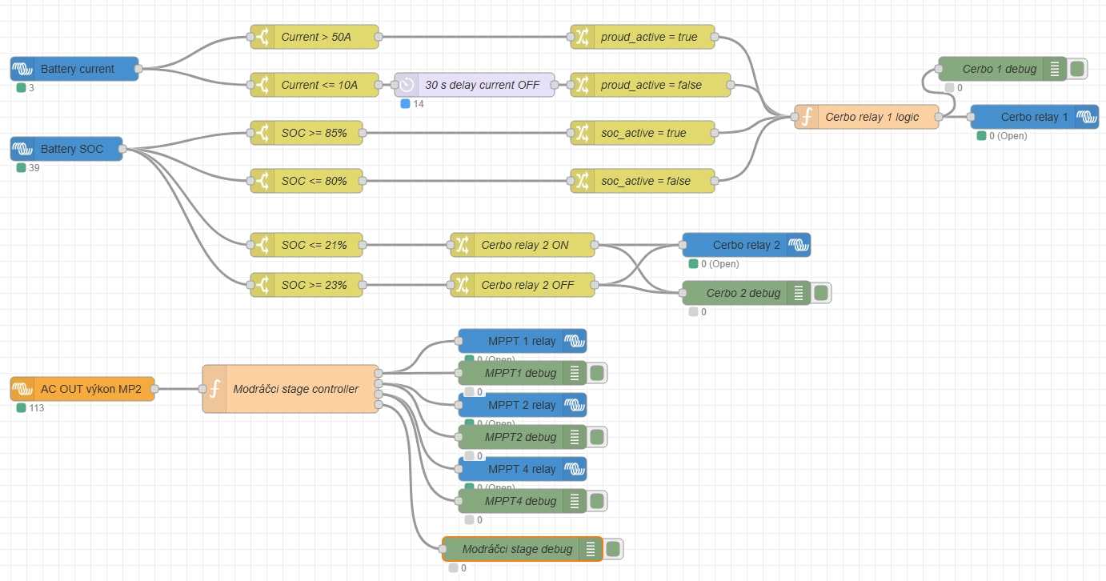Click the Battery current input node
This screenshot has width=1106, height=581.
[75, 69]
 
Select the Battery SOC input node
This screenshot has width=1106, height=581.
[67, 149]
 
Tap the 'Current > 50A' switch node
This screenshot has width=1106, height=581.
[315, 37]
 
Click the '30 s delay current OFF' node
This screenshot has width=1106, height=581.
[475, 85]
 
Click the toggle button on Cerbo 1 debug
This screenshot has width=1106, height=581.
[1077, 69]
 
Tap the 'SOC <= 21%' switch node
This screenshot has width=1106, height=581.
[307, 245]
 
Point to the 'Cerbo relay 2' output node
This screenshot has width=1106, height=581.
[746, 245]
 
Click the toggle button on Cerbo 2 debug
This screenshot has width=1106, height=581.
[821, 293]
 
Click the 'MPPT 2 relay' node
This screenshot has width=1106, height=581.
[522, 405]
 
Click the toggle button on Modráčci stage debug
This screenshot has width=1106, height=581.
[613, 549]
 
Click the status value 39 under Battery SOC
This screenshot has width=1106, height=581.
[33, 168]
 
